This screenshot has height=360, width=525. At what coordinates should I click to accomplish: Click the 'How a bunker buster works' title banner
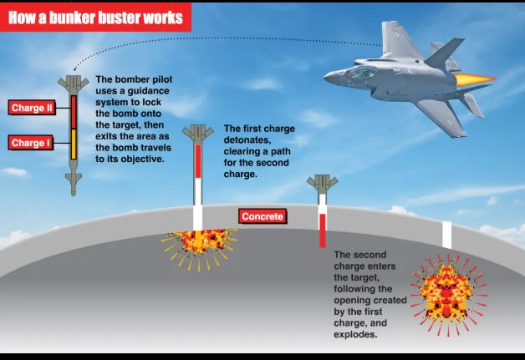click(x=96, y=18)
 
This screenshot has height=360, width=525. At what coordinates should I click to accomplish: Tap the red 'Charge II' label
click(x=32, y=108)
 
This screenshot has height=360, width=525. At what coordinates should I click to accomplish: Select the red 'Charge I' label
click(x=30, y=143)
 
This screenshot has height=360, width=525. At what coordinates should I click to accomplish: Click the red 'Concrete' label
click(x=262, y=216)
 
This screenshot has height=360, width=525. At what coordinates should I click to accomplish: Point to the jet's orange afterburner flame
click(x=475, y=79)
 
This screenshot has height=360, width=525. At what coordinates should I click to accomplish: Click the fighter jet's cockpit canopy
click(x=361, y=73)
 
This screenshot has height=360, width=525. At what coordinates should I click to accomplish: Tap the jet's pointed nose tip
click(x=324, y=78)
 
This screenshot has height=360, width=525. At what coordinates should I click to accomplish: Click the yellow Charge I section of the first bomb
click(x=74, y=145)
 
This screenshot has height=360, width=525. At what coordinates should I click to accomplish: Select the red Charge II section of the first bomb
click(x=74, y=112)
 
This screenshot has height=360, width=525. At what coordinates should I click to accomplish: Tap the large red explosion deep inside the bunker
click(x=448, y=295)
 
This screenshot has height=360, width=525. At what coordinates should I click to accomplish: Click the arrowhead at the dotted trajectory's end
click(x=74, y=69)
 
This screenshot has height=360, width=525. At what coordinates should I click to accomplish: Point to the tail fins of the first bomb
click(x=74, y=84)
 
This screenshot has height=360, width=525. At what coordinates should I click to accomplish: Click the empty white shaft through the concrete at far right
click(x=447, y=235)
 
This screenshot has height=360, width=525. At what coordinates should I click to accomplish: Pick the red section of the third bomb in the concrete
click(x=323, y=231)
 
